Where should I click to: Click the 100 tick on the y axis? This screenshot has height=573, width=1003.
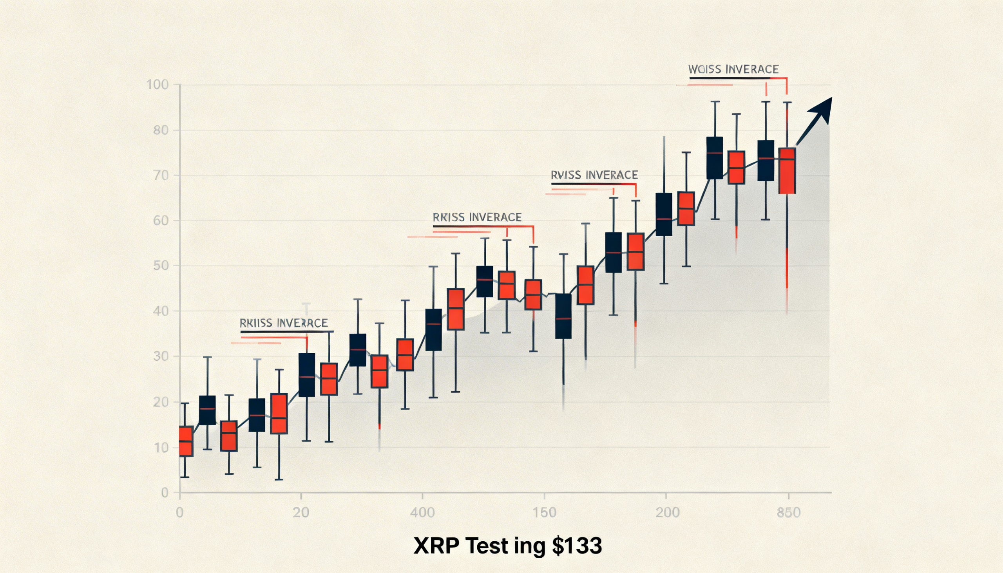coord(158,85)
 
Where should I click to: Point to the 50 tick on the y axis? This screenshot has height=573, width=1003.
coord(161,266)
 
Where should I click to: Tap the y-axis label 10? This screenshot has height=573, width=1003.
coord(161,447)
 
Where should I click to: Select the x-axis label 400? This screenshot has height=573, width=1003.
coord(422,512)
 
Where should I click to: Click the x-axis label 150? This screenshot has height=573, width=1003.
coord(544,512)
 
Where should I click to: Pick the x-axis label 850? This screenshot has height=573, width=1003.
coord(789,512)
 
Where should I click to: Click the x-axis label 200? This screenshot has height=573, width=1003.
coord(668,512)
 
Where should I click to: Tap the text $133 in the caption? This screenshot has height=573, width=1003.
coord(577,546)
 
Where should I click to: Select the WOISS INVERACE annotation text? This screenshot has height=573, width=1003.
coord(733,70)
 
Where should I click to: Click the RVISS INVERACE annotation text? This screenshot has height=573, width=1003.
coord(594,175)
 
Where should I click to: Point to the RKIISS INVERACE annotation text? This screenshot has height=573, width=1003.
coord(283,323)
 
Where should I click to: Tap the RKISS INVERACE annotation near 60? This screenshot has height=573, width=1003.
coord(477,217)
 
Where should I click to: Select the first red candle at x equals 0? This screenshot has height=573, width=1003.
coord(186,441)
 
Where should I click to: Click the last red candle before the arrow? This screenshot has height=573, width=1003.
coord(787,171)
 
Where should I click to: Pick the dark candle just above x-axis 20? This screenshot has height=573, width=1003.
coord(307,375)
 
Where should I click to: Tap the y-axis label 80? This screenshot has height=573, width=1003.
coord(161,130)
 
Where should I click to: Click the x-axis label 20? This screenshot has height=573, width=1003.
coord(301,512)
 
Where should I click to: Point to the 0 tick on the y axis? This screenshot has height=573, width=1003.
coord(165,493)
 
